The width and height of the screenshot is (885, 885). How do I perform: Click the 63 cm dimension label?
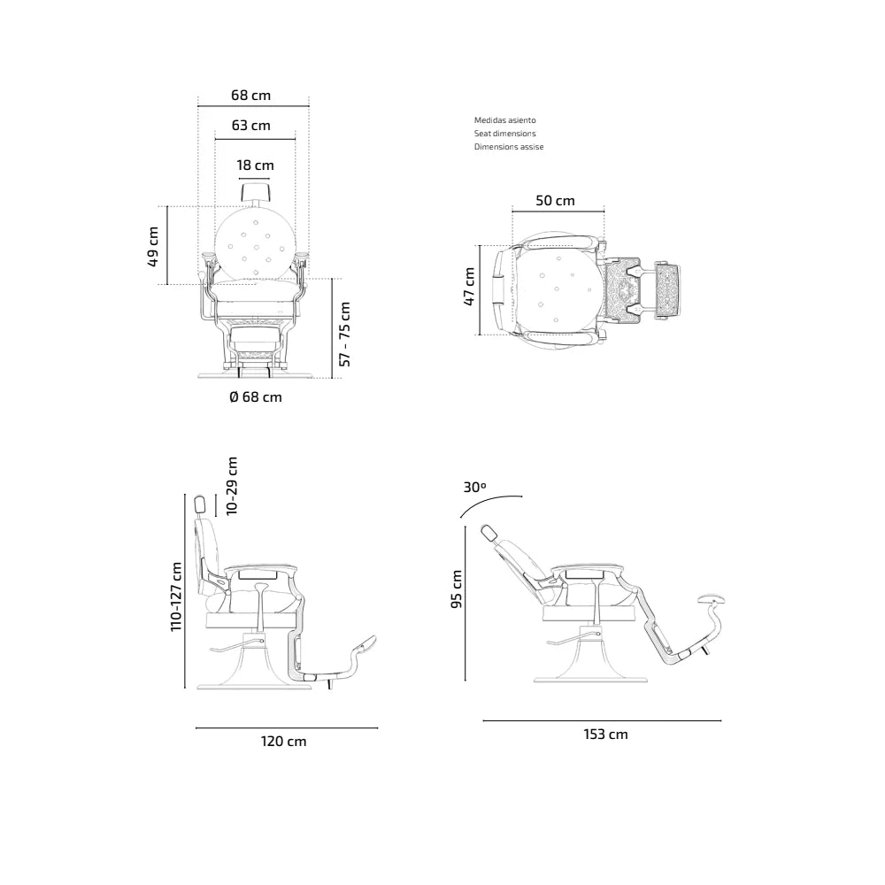tap(250, 126)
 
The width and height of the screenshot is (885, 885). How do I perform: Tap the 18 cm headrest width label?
tap(255, 165)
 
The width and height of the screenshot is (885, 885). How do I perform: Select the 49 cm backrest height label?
tap(152, 247)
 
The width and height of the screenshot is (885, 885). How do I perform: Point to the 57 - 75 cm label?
tap(345, 335)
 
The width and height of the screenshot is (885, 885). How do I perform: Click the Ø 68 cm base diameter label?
tap(256, 396)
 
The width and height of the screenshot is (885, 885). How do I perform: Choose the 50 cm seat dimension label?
tap(555, 200)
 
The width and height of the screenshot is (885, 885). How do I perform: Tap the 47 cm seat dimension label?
tap(469, 287)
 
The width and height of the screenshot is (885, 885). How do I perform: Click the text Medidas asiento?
tap(504, 120)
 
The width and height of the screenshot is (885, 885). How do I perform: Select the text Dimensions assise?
tap(509, 147)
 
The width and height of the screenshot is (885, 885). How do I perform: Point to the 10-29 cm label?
tap(231, 485)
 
